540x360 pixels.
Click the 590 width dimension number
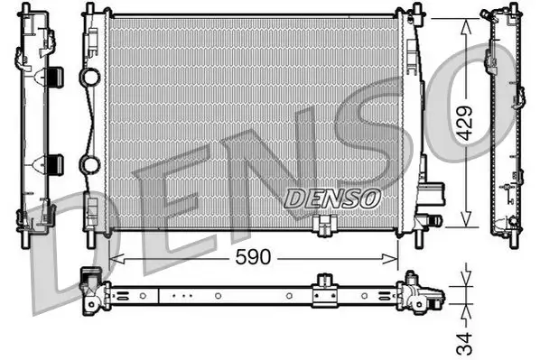coord(253,257)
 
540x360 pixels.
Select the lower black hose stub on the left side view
coord(54,164)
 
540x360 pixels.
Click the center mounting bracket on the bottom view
coord(323,291)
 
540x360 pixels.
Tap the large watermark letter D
coord(54,244)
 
